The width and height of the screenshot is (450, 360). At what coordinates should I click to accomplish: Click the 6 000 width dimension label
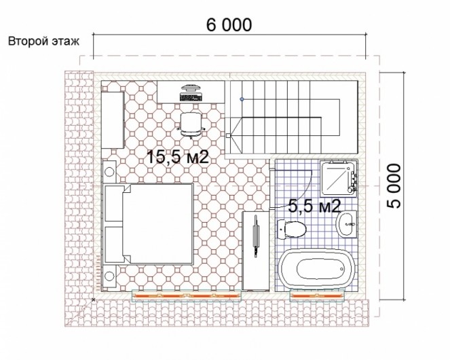coord(229,25)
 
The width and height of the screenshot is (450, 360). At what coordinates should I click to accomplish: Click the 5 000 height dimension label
coord(394,186)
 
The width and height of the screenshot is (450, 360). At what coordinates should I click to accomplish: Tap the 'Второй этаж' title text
coord(43,41)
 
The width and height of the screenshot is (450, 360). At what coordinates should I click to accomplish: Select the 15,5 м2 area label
coord(178,157)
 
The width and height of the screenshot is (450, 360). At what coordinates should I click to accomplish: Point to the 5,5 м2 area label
coord(314,206)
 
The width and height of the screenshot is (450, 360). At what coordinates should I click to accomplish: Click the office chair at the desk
coord(191,124)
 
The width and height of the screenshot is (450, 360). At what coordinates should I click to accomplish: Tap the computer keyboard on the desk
coord(191,97)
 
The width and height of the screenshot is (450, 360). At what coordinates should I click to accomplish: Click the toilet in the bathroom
coord(292,230)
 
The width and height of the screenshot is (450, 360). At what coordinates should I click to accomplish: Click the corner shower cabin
coord(339,179)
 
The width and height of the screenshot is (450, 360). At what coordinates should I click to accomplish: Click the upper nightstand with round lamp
coord(109,172)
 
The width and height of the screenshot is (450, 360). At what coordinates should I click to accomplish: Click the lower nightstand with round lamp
coord(109,276)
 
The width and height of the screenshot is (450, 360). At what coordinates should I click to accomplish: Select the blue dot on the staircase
coord(242,99)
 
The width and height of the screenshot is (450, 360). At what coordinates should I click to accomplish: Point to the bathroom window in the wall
coord(317,295)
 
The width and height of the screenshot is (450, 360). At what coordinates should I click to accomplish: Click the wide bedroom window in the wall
coord(187,295)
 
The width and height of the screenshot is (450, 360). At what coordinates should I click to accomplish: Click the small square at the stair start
coord(228,135)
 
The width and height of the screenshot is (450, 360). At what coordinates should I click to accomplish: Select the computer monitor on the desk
coord(191,88)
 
